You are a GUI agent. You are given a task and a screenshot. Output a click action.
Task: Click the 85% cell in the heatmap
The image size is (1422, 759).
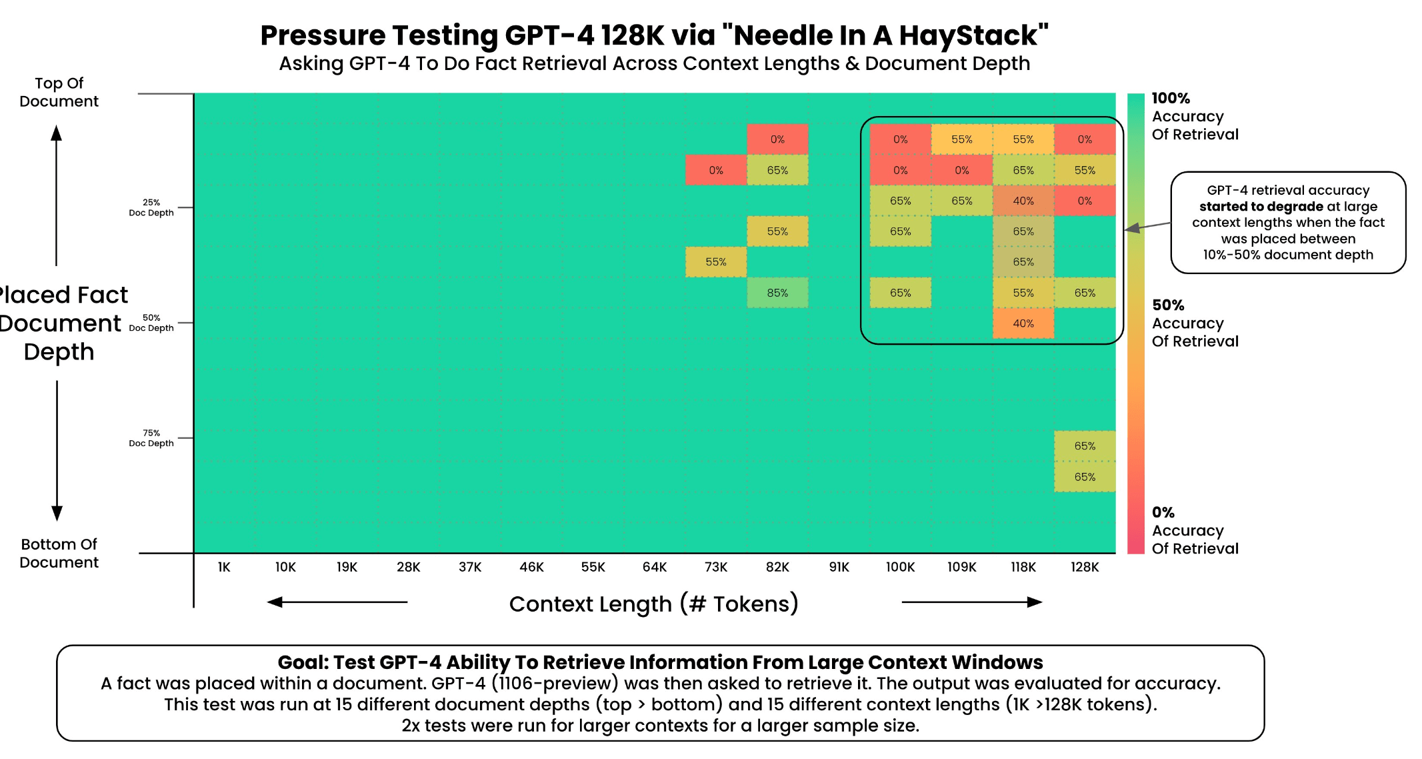(777, 293)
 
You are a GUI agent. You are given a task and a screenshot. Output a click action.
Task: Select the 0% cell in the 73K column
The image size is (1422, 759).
(716, 170)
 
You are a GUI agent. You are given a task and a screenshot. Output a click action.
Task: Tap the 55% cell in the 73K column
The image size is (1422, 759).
(716, 262)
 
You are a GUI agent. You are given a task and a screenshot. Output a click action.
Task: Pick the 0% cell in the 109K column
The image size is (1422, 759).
(962, 170)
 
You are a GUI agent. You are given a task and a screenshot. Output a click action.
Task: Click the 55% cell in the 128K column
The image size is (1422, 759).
(1085, 170)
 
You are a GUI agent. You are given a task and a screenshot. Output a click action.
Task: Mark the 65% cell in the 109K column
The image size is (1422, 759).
(962, 201)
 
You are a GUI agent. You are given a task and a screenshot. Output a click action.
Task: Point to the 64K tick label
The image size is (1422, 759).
(655, 567)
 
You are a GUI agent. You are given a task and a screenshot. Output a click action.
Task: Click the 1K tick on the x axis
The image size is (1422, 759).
(224, 567)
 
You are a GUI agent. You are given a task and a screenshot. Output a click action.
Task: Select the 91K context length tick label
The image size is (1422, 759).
(839, 567)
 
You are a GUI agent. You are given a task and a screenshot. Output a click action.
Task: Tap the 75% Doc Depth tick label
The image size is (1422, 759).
(151, 438)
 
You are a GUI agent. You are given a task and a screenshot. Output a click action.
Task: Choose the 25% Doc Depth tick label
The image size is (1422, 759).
(151, 207)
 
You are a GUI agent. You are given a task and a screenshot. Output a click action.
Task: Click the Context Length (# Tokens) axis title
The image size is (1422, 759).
(654, 604)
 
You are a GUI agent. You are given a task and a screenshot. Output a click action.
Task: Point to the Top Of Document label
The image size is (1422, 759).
(59, 92)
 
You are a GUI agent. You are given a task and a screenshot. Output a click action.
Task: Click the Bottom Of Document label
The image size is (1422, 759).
(59, 553)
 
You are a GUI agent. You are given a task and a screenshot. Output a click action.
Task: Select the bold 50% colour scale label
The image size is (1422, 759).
(1168, 305)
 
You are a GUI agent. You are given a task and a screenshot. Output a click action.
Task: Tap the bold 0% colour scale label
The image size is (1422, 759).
(1163, 512)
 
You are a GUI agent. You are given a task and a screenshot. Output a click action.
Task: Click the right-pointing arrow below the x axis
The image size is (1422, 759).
(972, 602)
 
